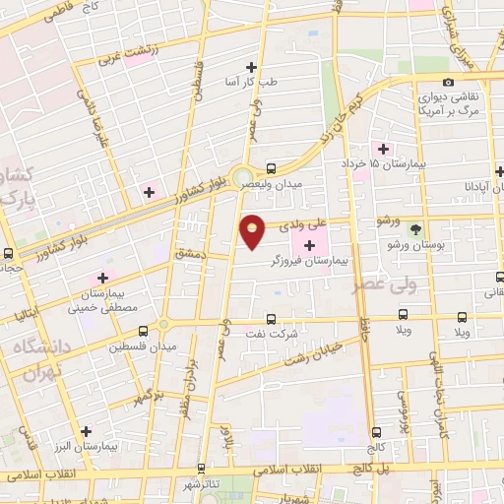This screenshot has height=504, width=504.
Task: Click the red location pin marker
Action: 253,231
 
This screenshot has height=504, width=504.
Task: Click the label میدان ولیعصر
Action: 301,184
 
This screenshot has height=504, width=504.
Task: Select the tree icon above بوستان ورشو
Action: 415,226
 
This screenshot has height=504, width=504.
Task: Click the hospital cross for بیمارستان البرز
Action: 88,430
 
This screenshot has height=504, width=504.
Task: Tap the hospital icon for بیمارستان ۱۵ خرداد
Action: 384,149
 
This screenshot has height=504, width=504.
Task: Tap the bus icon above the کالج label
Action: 374,413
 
